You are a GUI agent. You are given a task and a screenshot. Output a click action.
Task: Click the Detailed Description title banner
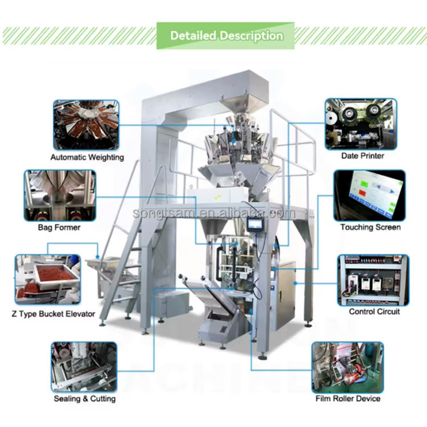pyautogui.click(x=226, y=35)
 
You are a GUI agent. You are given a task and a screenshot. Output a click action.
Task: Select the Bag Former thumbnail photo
pyautogui.click(x=59, y=195)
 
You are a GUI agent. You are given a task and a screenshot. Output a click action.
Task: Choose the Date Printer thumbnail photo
pyautogui.click(x=360, y=124)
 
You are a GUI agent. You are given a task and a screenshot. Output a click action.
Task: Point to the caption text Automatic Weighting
pyautogui.click(x=87, y=157)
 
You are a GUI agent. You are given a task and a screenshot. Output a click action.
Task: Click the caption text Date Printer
pyautogui.click(x=362, y=155)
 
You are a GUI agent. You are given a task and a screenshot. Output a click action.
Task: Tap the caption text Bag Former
pyautogui.click(x=59, y=228)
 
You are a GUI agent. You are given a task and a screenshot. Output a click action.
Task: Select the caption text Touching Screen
pyautogui.click(x=371, y=227)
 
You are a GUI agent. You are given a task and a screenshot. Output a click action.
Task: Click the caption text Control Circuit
pyautogui.click(x=374, y=311)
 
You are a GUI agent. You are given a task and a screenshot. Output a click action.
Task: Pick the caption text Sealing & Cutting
pyautogui.click(x=84, y=399)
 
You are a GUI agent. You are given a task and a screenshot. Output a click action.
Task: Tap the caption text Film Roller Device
pyautogui.click(x=348, y=399)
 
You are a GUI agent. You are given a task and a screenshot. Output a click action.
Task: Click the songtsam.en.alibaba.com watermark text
pyautogui.click(x=213, y=213)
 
